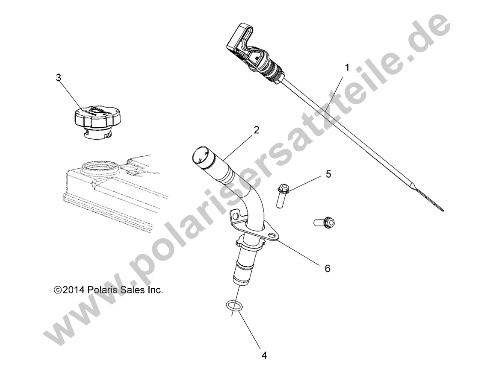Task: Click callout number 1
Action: [347, 67]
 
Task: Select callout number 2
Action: [256, 130]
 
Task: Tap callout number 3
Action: [59, 77]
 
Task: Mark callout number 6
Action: [328, 268]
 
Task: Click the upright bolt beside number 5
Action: [280, 195]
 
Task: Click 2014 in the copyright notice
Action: [74, 290]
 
